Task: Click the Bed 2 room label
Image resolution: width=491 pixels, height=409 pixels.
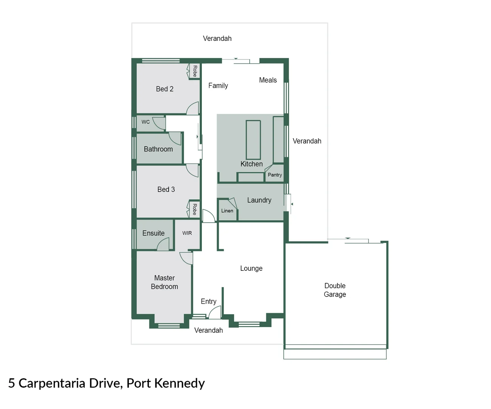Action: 164,89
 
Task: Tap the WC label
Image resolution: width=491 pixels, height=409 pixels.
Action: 146,122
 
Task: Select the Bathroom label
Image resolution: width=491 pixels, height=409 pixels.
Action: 158,149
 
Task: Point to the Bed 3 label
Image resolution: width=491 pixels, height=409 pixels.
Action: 166,189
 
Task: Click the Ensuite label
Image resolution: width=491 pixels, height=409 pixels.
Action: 153,233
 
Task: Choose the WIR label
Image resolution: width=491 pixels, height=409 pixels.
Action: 187,233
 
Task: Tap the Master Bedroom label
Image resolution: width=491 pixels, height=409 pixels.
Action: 164,282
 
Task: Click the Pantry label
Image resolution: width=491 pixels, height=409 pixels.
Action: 275,175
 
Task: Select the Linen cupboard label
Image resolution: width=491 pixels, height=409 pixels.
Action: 227,211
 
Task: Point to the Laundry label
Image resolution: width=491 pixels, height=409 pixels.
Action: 259,200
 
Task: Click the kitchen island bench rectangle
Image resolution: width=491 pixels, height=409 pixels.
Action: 253,140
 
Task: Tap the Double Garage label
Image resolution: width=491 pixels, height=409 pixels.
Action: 335,290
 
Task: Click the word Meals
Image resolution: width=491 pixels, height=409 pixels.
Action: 268,80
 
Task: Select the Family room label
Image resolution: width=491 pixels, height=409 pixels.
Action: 218,86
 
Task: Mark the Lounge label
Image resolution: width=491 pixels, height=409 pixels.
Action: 251,269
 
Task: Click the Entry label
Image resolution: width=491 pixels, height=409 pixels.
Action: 209,301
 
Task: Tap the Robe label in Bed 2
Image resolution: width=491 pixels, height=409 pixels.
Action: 195,71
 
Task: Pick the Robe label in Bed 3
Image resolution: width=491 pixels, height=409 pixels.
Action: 195,209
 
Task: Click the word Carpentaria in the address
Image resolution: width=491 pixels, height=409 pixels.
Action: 52,383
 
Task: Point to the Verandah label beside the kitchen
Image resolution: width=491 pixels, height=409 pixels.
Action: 307,141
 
